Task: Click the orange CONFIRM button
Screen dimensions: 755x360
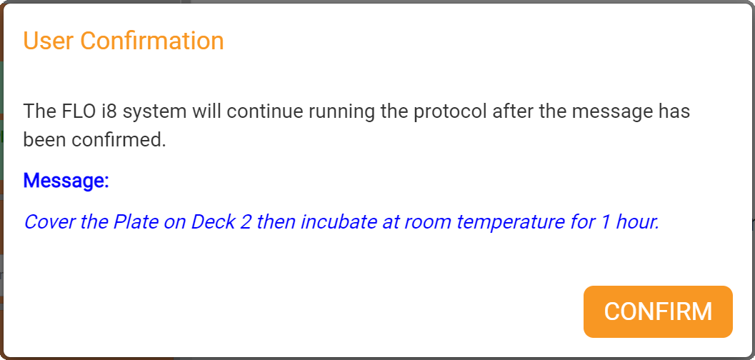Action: click(658, 311)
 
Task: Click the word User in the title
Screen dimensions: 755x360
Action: click(49, 41)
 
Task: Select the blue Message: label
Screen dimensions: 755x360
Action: click(66, 181)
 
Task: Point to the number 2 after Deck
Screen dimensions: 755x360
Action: click(246, 222)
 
